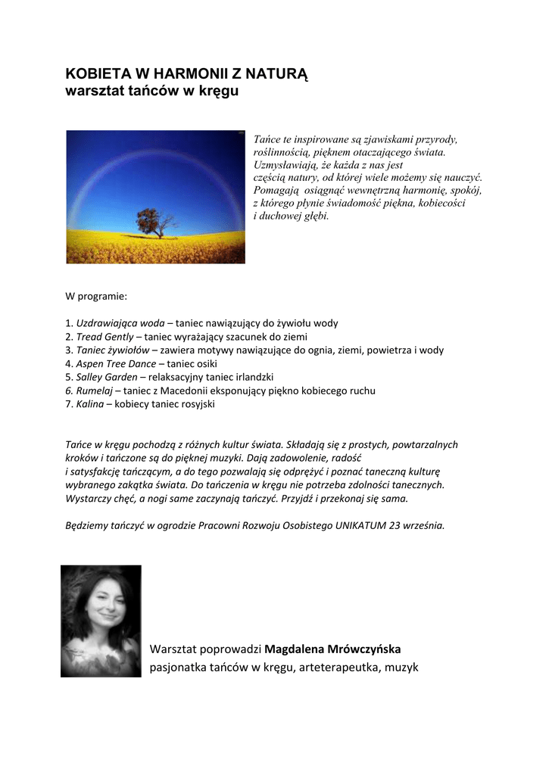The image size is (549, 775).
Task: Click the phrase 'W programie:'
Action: [x=96, y=296]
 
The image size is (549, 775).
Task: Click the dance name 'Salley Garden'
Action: [x=107, y=378]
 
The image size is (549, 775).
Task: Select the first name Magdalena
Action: [x=295, y=649]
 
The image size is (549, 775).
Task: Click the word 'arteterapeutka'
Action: [x=342, y=668]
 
